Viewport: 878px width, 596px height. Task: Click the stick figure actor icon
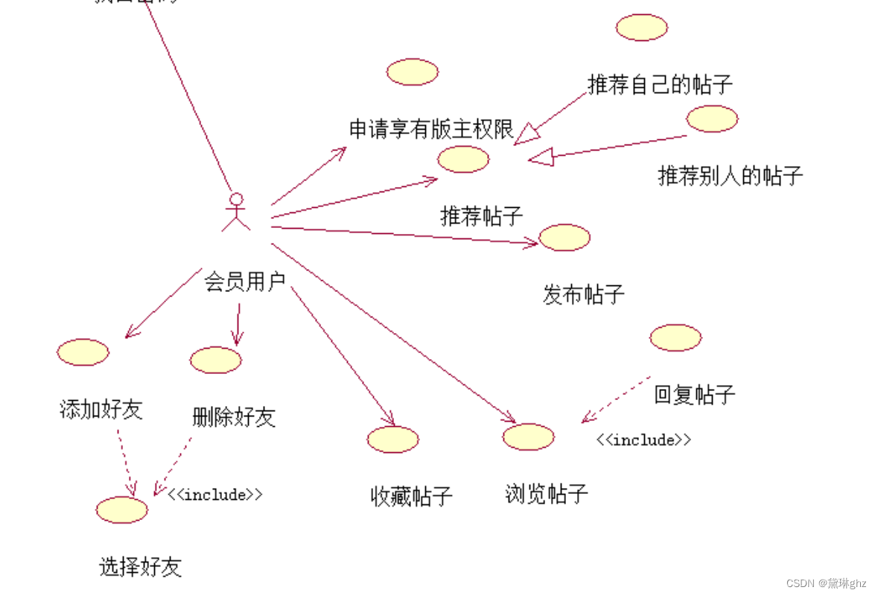[236, 212]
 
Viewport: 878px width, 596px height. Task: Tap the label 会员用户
[245, 282]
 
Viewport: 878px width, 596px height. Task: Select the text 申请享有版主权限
[432, 130]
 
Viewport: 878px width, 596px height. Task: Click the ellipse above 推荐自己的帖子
[641, 28]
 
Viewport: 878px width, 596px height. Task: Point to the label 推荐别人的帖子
[731, 176]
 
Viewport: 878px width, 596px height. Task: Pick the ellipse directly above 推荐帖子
[463, 159]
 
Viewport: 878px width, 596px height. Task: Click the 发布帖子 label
[583, 294]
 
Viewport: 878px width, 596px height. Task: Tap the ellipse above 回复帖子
[675, 337]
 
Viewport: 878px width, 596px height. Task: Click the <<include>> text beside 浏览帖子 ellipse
[643, 440]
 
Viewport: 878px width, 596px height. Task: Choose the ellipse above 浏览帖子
[528, 437]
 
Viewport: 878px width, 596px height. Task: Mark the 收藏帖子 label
[411, 496]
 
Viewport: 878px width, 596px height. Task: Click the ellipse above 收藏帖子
[392, 440]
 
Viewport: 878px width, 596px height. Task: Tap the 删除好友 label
[234, 416]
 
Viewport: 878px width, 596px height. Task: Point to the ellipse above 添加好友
[83, 352]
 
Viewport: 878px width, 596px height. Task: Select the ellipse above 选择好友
[122, 510]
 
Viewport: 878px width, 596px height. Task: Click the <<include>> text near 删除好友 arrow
[215, 494]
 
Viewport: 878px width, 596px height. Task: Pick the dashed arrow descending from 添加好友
[126, 463]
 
